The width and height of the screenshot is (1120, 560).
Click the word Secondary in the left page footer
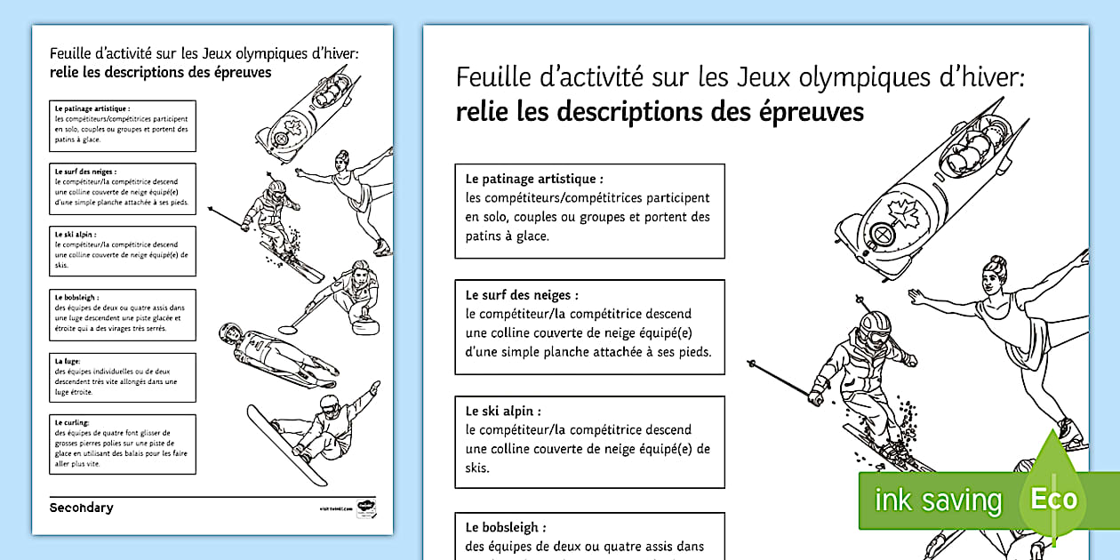(x=81, y=508)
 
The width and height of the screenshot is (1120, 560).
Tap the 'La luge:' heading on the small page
(x=68, y=362)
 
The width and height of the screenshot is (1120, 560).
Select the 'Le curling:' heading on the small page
(x=72, y=423)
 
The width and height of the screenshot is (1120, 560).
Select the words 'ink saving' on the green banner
(x=937, y=501)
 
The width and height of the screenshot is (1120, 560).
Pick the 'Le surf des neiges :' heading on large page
(x=522, y=294)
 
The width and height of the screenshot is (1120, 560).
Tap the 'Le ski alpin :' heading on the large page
(x=502, y=412)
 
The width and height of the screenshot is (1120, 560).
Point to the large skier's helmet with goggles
(x=874, y=327)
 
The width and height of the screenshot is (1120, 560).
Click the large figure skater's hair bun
(x=995, y=264)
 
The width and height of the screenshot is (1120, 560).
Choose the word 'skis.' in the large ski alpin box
(x=477, y=468)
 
